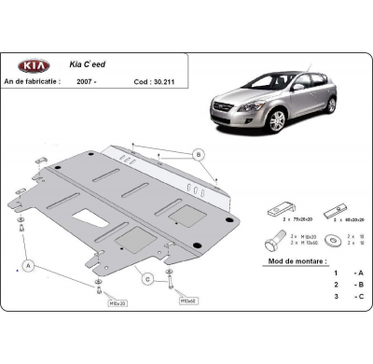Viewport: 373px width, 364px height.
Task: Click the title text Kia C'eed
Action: click(90, 66)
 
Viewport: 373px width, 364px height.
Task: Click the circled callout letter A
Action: click(29, 266)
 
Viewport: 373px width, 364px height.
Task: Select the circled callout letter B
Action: click(198, 153)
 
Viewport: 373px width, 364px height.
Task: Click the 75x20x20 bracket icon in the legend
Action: click(283, 207)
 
